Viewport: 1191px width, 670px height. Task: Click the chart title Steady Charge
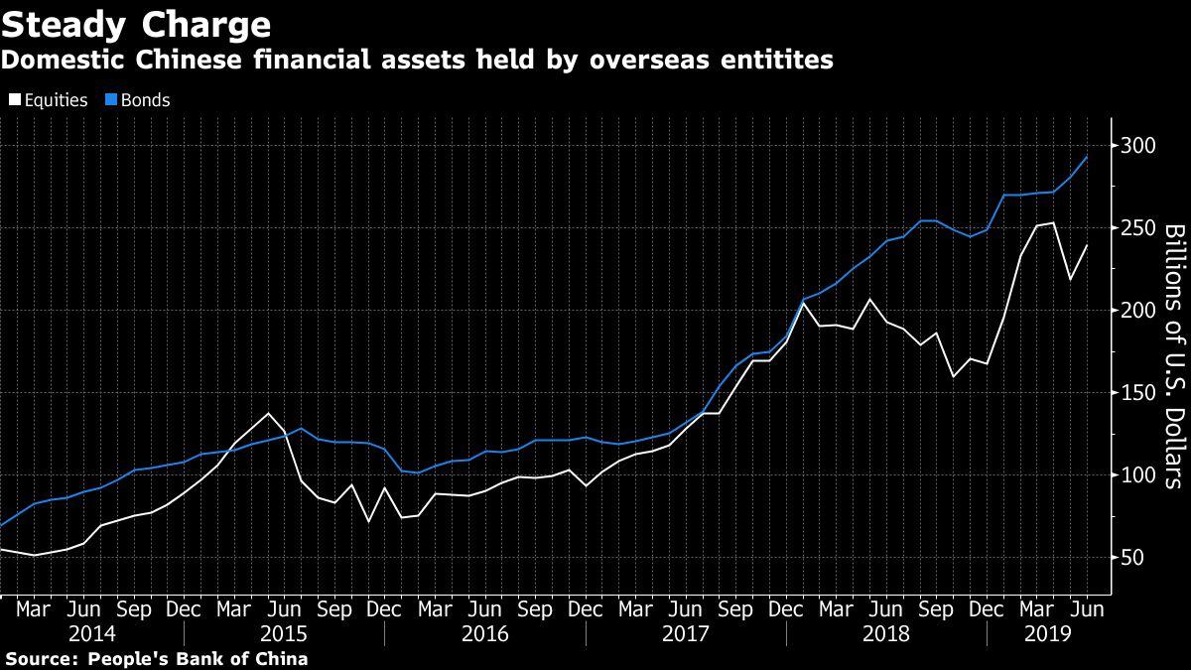pos(137,24)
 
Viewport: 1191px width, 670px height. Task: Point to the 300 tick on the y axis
pos(1136,146)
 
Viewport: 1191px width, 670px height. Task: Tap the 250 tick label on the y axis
pos(1136,228)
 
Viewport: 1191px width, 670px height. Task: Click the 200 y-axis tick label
pos(1136,311)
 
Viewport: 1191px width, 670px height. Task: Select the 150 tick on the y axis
pos(1136,393)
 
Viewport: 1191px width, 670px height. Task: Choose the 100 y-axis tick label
pos(1136,475)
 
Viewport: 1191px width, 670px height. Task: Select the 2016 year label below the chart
pos(484,633)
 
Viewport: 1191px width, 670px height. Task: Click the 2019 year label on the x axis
pos(1046,633)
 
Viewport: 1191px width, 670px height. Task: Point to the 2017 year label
pos(686,633)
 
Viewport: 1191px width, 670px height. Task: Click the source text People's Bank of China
pos(198,659)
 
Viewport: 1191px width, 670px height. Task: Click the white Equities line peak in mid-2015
pos(268,413)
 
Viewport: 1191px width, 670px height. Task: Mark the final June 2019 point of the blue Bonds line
pos(1087,157)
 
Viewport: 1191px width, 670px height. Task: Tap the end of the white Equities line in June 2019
pos(1087,245)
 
